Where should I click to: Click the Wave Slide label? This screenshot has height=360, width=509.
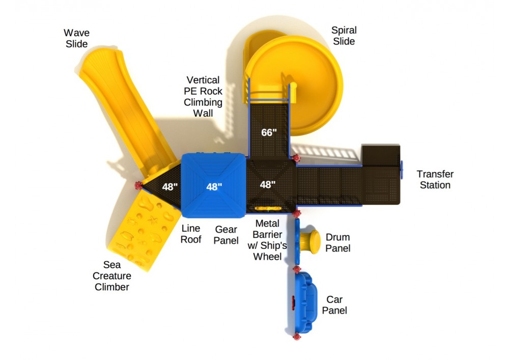coord(77,38)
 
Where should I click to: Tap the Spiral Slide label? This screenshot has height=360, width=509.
coord(344,36)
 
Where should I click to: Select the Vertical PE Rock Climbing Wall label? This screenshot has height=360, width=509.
coord(203,96)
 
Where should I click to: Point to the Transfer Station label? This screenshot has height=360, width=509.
coord(435,180)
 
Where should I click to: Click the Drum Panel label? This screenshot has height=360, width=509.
coord(337,242)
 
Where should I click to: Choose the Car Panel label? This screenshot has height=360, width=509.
coord(334,305)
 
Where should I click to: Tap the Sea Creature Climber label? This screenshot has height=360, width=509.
coord(112,276)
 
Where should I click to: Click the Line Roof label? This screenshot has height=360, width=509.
coord(191,234)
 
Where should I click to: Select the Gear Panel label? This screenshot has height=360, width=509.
coord(226,235)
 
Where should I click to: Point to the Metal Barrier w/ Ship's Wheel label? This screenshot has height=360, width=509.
coord(267,240)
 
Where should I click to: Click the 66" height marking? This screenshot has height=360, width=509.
coord(269,132)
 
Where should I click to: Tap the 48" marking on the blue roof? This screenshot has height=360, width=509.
coord(214,187)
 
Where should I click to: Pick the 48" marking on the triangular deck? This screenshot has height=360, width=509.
coord(170,187)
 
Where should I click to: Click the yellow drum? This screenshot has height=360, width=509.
coord(310,242)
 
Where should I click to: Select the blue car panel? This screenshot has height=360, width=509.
coord(304,303)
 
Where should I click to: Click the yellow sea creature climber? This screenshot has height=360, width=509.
coord(143,231)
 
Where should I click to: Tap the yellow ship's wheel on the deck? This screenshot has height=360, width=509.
coord(268,208)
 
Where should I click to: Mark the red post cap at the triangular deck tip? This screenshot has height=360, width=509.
coord(138,186)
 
